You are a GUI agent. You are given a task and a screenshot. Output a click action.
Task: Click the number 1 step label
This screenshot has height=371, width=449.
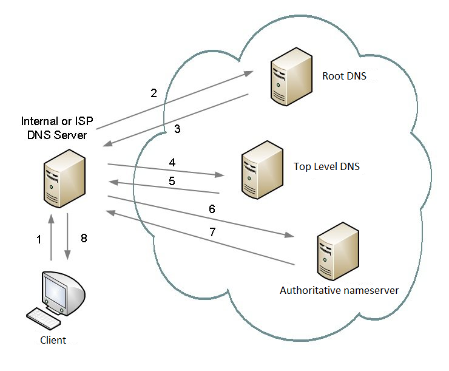pos(39,240)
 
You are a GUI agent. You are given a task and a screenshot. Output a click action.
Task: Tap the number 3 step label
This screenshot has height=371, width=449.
pos(177,129)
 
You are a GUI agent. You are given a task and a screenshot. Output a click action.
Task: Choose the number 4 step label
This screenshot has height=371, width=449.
pos(172,162)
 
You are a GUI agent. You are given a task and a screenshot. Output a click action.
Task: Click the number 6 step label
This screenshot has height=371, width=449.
pos(212,208)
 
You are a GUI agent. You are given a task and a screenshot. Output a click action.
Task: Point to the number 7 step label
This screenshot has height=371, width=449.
pos(212,231)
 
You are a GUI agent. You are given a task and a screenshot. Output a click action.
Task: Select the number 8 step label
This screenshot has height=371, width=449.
pos(84,239)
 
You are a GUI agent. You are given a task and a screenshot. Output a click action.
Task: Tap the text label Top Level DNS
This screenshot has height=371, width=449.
pos(326,166)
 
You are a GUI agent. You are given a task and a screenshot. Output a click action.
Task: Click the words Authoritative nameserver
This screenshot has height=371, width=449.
pos(339,290)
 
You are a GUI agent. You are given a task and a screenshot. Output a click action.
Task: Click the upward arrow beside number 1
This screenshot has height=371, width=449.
pos(52,237)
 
